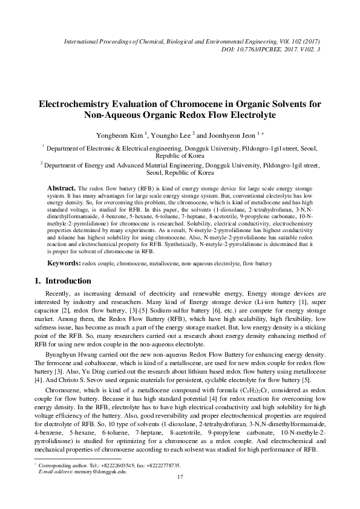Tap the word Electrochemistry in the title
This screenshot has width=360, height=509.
tap(77, 103)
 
